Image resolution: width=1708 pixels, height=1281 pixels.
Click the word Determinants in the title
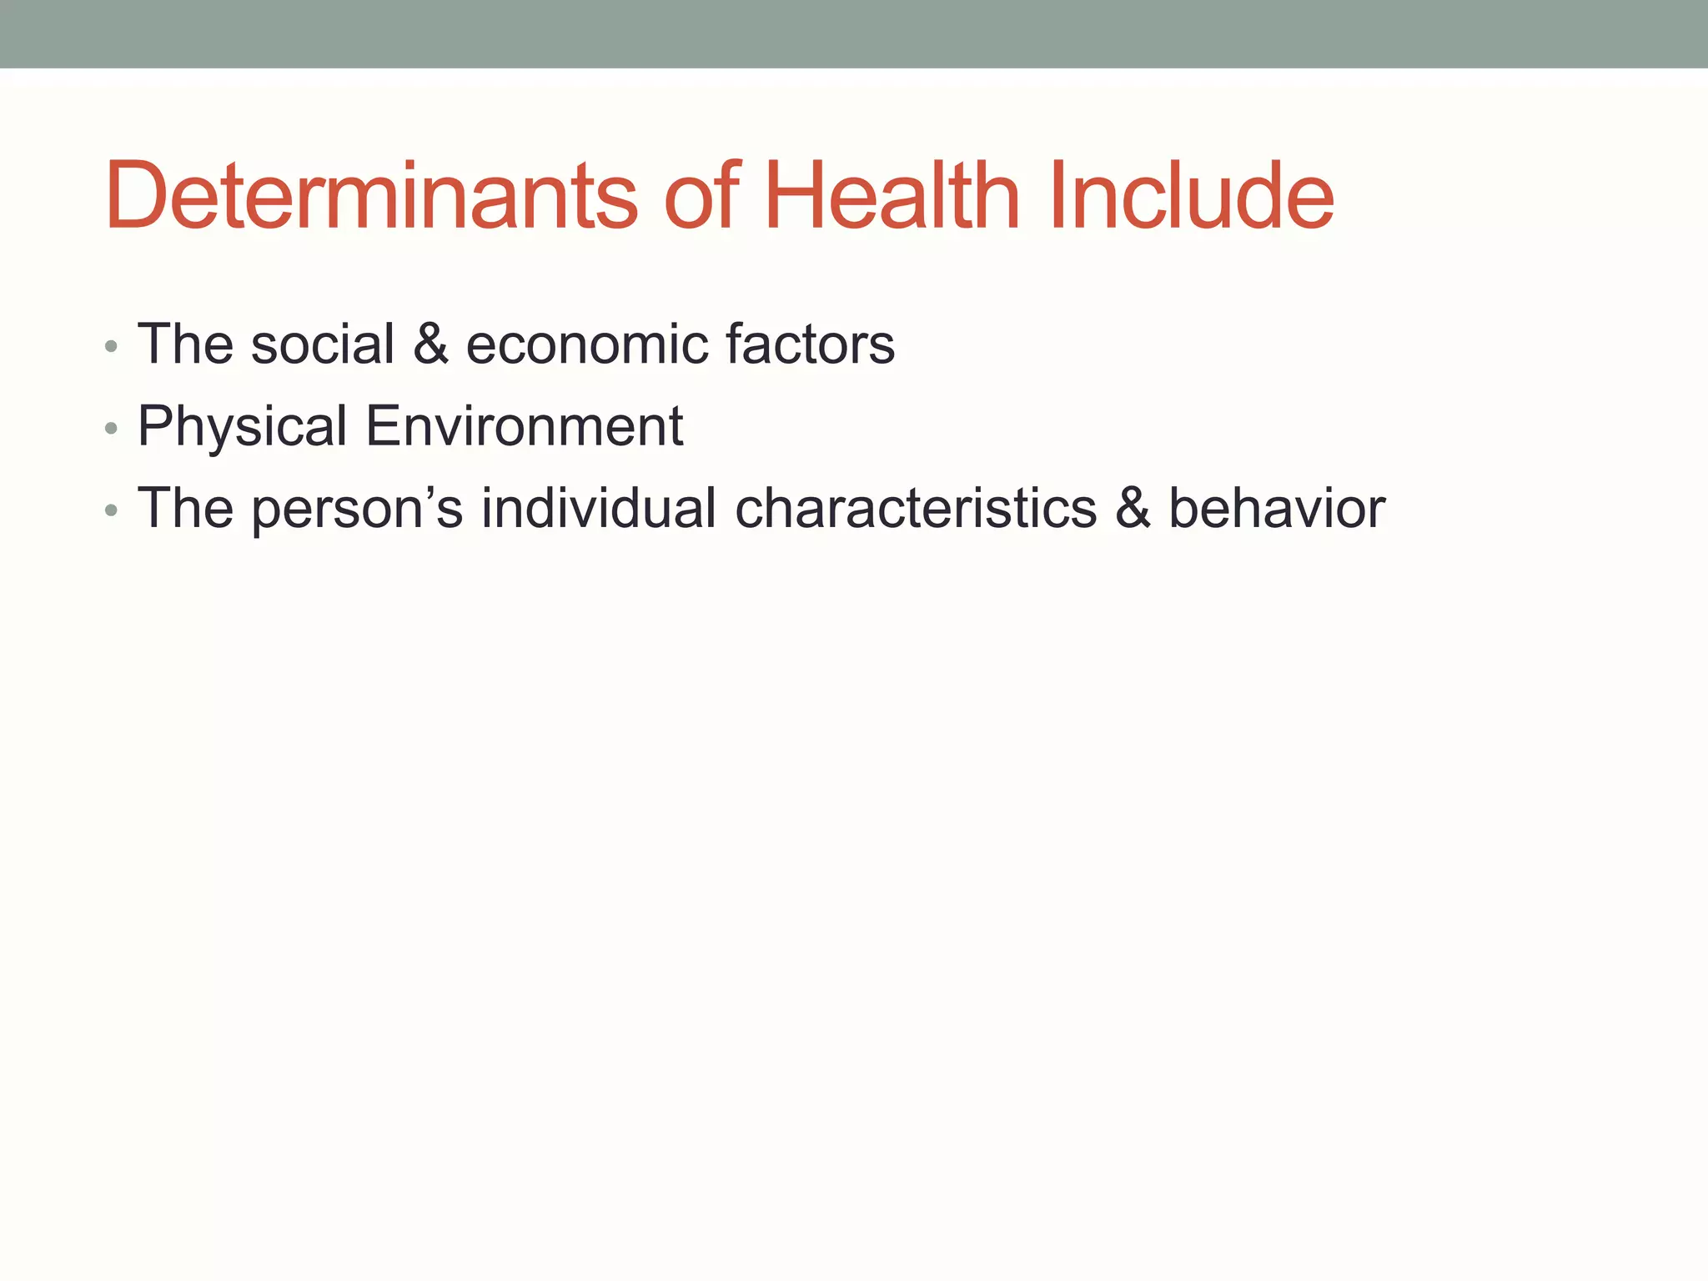pyautogui.click(x=371, y=196)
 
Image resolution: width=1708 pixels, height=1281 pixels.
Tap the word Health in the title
pyautogui.click(x=892, y=196)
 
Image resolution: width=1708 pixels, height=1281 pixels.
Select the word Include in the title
pyautogui.click(x=1192, y=196)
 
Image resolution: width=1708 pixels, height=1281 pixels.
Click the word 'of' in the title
pyautogui.click(x=701, y=196)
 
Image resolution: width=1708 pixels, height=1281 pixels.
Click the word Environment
pyautogui.click(x=525, y=425)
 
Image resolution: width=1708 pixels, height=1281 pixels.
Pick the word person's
pyautogui.click(x=356, y=510)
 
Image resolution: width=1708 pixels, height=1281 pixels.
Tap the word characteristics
pyautogui.click(x=915, y=508)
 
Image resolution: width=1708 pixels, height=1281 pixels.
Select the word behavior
pyautogui.click(x=1276, y=508)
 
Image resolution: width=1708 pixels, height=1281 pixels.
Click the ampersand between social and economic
pyautogui.click(x=430, y=344)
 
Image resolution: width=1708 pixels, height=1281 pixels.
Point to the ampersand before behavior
pyautogui.click(x=1133, y=508)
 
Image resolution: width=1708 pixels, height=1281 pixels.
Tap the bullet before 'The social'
pyautogui.click(x=112, y=347)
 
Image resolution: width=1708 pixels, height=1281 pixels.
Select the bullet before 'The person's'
pyautogui.click(x=112, y=511)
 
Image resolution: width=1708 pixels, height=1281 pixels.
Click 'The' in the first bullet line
pyautogui.click(x=184, y=344)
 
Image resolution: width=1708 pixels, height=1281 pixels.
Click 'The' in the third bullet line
pyautogui.click(x=184, y=508)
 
